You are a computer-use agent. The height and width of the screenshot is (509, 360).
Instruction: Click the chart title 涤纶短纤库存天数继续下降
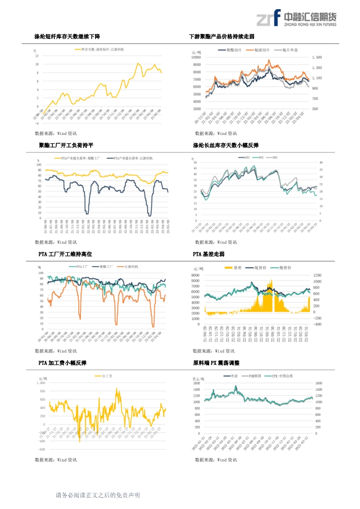click(x=70, y=37)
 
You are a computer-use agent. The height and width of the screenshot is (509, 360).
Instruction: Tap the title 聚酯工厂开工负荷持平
click(x=66, y=145)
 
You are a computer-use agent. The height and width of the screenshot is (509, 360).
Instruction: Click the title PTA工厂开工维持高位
click(x=65, y=254)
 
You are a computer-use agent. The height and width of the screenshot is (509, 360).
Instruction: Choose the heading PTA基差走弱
click(x=208, y=254)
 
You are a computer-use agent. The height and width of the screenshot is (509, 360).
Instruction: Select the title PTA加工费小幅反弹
click(x=62, y=363)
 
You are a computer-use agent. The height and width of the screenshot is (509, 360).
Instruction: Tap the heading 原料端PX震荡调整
click(x=216, y=363)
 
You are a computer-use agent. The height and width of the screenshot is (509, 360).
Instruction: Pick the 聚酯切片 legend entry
click(x=231, y=51)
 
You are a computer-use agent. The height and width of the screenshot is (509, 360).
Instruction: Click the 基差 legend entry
click(x=234, y=268)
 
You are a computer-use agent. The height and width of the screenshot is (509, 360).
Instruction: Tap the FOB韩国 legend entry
click(x=251, y=375)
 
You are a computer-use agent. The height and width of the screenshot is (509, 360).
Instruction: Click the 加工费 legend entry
click(x=104, y=375)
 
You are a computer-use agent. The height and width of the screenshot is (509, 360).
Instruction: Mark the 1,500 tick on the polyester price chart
click(x=317, y=57)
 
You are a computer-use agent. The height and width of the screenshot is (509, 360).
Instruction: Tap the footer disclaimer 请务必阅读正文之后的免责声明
click(x=98, y=495)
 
